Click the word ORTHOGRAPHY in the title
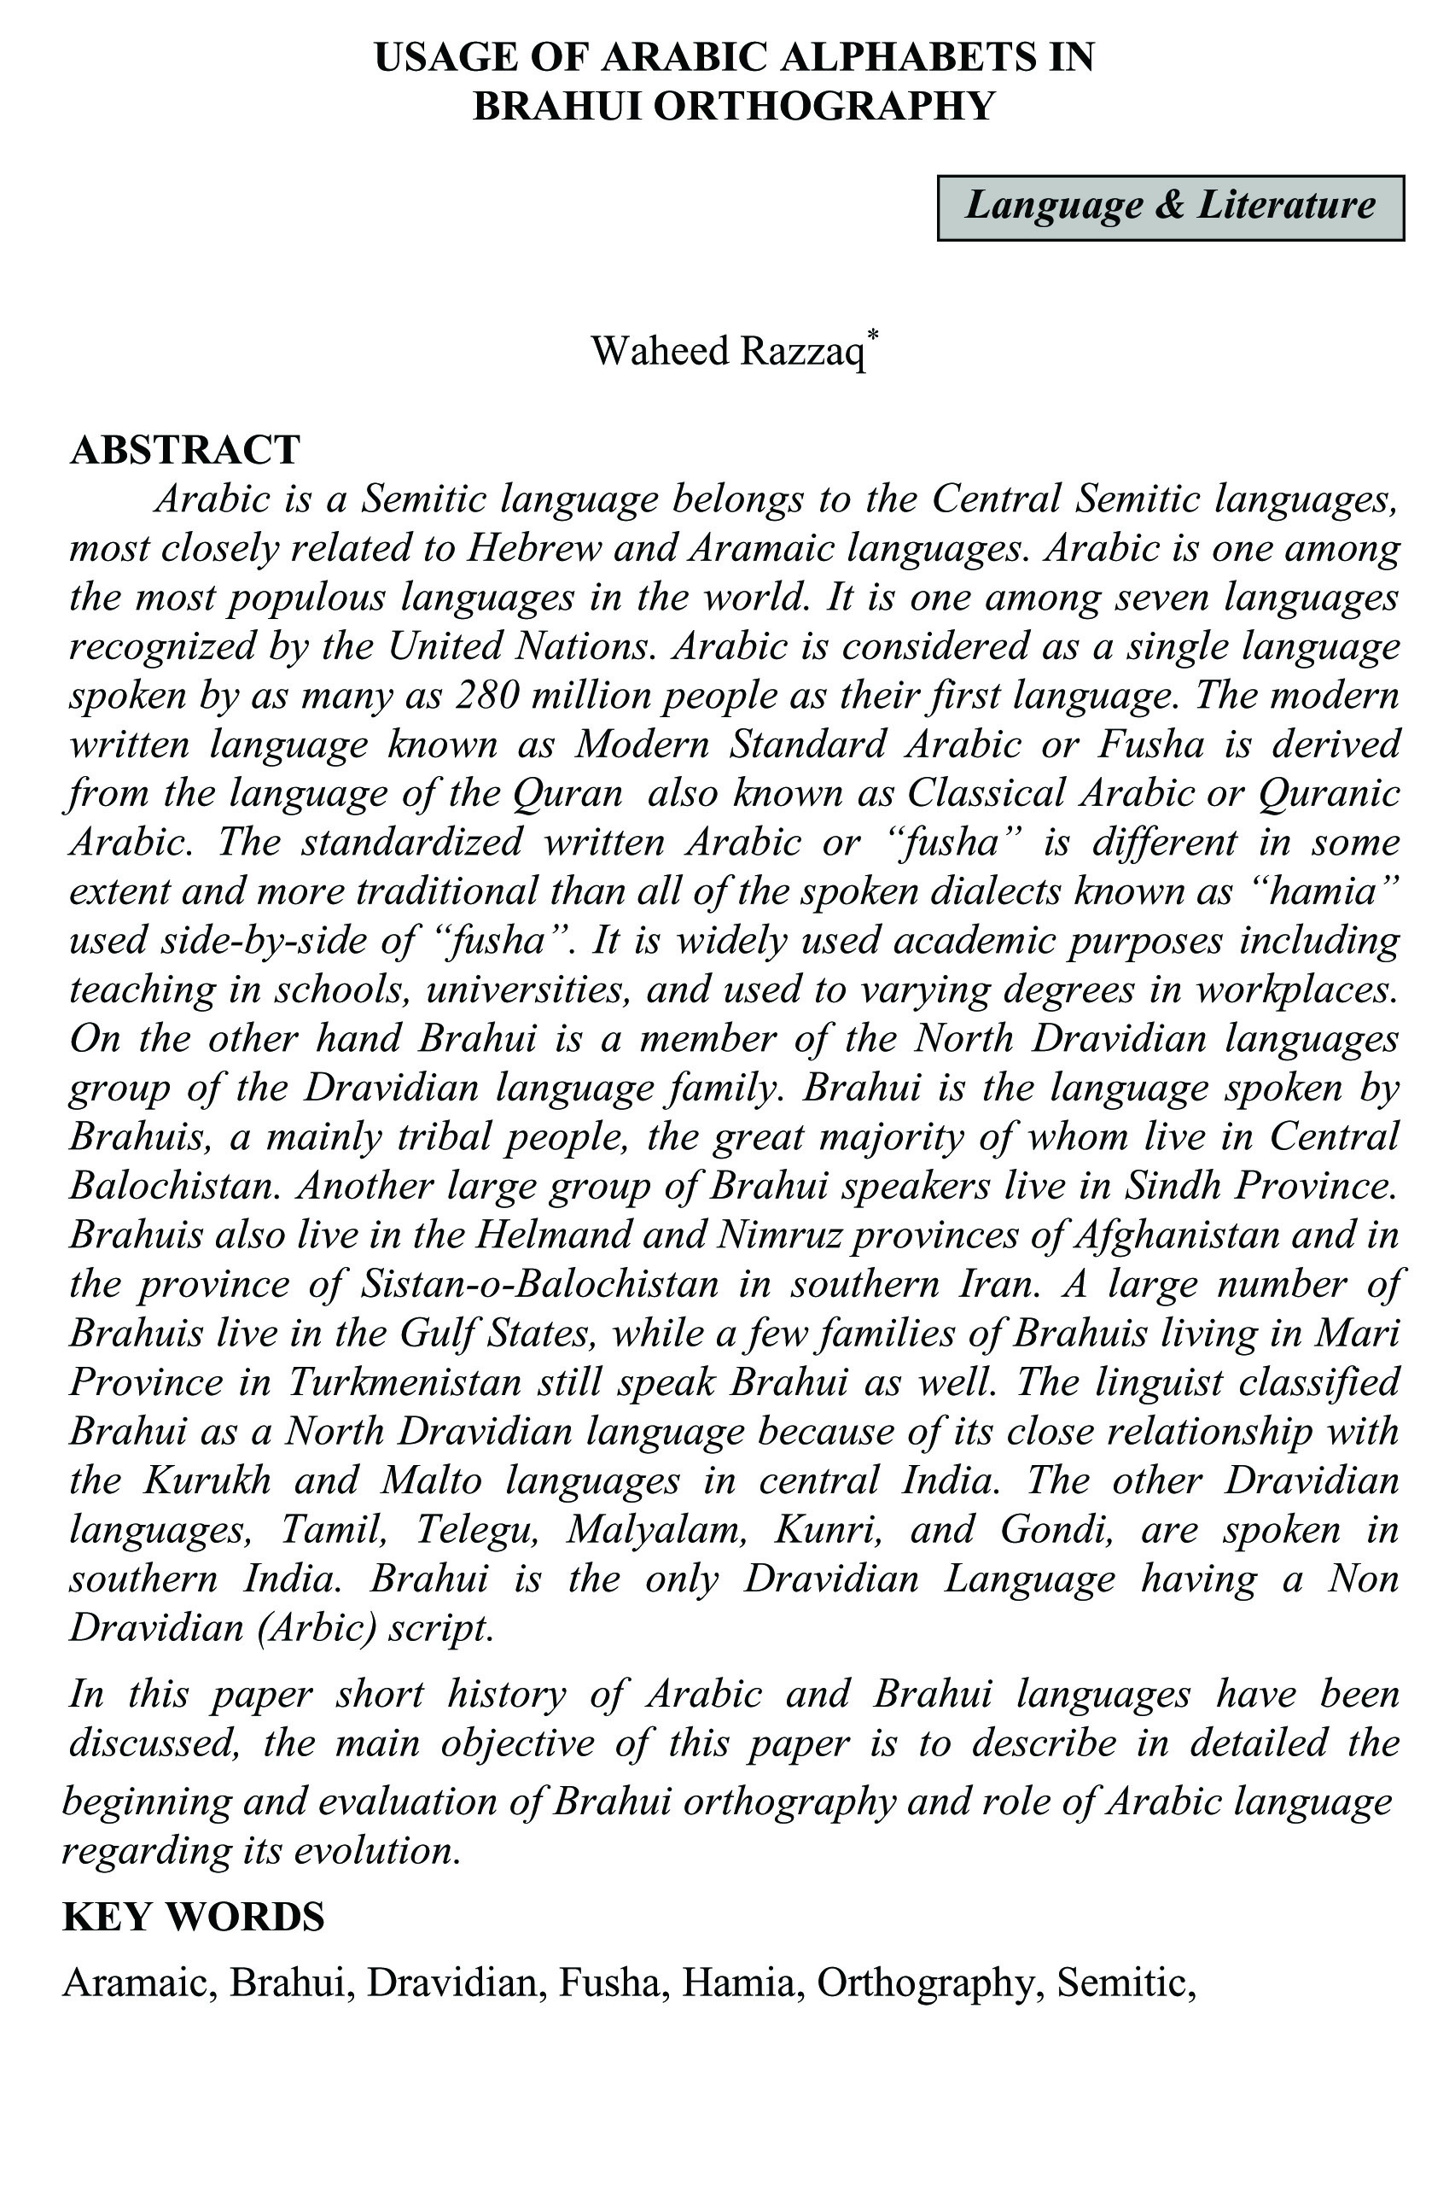(824, 107)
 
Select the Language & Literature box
(1170, 207)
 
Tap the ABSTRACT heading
(185, 450)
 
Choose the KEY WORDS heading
(193, 1917)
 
